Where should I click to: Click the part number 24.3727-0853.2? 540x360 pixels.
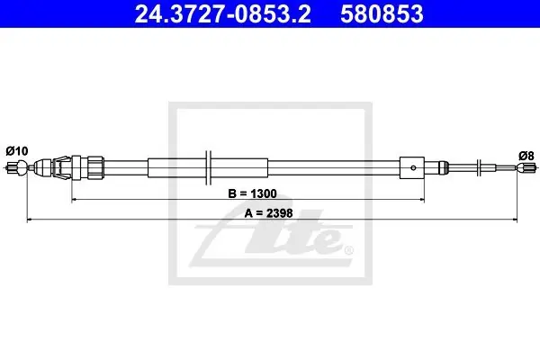pyautogui.click(x=223, y=14)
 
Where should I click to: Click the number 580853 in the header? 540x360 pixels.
pyautogui.click(x=382, y=14)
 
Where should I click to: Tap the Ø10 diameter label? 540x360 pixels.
pyautogui.click(x=17, y=151)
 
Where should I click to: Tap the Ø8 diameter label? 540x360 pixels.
pyautogui.click(x=526, y=156)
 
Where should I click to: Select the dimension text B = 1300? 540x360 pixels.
pyautogui.click(x=252, y=193)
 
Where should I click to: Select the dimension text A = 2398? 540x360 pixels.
pyautogui.click(x=268, y=213)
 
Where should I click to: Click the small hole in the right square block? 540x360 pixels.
pyautogui.click(x=413, y=167)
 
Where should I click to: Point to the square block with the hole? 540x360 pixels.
pyautogui.click(x=412, y=167)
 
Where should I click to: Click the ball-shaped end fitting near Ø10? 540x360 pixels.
pyautogui.click(x=22, y=167)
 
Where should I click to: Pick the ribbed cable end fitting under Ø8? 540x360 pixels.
pyautogui.click(x=526, y=167)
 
